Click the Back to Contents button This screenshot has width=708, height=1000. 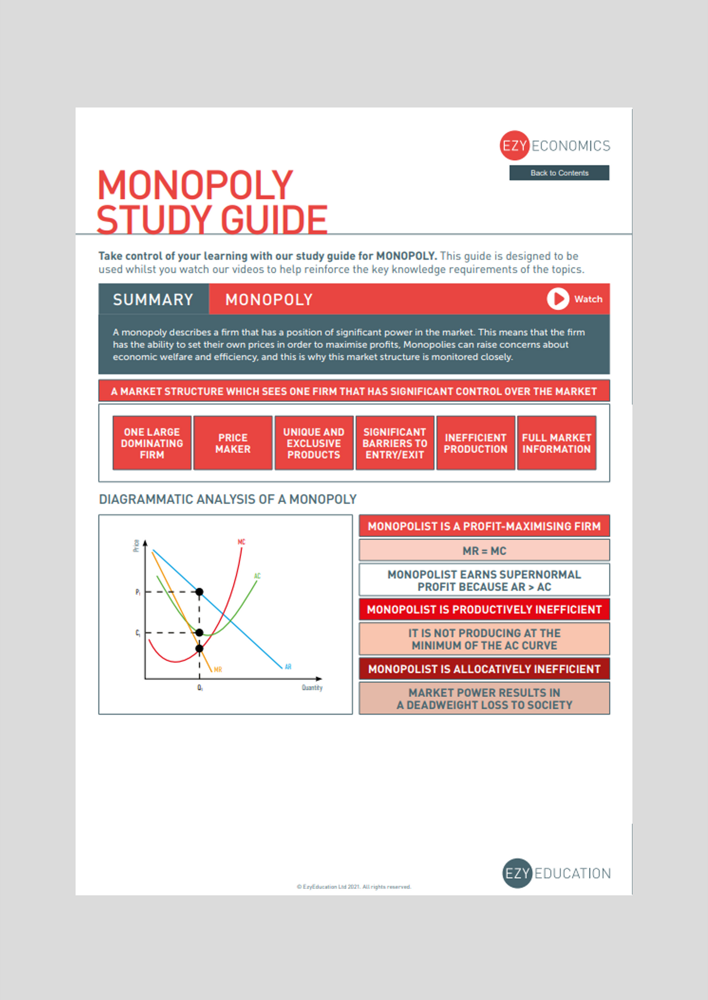tap(559, 173)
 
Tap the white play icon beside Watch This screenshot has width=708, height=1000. tap(558, 299)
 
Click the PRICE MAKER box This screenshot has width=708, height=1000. tap(233, 443)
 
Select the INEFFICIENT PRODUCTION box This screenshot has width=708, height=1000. tap(475, 443)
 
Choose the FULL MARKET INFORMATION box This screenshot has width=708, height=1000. tap(556, 443)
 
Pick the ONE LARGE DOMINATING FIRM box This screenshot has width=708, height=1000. tap(152, 443)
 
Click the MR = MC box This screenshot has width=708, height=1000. tap(484, 551)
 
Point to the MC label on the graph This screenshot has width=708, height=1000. tap(242, 542)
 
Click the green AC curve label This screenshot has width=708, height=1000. tap(257, 576)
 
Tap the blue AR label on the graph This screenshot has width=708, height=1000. tap(288, 667)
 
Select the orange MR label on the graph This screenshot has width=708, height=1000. tap(218, 670)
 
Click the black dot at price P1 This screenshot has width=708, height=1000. tap(199, 592)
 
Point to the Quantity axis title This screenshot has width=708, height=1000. tap(312, 688)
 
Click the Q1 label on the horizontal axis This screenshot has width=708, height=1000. tap(200, 688)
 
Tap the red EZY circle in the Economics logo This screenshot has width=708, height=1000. tap(514, 146)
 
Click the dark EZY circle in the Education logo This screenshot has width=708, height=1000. tap(517, 873)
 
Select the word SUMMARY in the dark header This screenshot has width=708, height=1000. tap(153, 299)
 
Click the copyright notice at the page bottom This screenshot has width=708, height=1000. tap(354, 887)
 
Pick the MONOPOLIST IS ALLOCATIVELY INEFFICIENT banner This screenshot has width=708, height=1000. tap(484, 669)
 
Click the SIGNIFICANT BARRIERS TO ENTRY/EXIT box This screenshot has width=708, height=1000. tap(394, 443)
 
